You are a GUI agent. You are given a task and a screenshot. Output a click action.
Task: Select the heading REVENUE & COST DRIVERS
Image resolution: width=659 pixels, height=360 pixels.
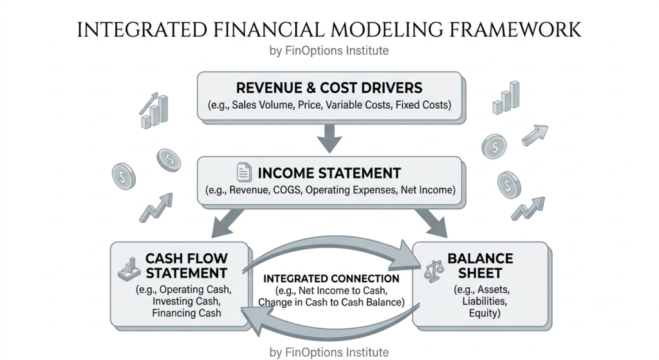[x=329, y=88]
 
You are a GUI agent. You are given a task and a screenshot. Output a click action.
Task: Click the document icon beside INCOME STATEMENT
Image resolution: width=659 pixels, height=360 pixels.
[x=244, y=172]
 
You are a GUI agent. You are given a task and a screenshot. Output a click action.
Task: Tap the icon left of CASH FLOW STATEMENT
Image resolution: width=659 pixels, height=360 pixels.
[x=129, y=269]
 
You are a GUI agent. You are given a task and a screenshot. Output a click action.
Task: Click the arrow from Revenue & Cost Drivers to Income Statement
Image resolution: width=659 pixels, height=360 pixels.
[x=329, y=138]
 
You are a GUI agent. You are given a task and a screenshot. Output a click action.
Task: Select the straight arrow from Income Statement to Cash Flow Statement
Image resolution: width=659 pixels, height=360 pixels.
[x=227, y=223]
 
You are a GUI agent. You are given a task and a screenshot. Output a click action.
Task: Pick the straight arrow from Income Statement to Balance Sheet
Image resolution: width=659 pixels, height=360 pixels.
[x=431, y=223]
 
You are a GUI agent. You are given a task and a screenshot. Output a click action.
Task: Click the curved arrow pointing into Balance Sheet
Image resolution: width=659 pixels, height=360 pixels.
[x=332, y=247]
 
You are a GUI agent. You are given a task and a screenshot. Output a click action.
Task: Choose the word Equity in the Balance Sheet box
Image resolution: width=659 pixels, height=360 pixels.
[x=483, y=314]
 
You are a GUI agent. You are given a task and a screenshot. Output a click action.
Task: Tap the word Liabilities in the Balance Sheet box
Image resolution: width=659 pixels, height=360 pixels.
[x=485, y=301]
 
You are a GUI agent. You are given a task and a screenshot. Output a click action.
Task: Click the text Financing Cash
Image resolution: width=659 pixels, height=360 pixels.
[x=187, y=314]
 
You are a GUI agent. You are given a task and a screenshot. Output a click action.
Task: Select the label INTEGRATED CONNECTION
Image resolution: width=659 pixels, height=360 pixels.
[x=331, y=278]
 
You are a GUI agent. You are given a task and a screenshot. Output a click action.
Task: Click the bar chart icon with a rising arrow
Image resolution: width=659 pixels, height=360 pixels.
[x=154, y=110]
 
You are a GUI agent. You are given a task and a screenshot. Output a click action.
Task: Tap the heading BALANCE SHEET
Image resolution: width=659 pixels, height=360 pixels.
[x=480, y=265]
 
